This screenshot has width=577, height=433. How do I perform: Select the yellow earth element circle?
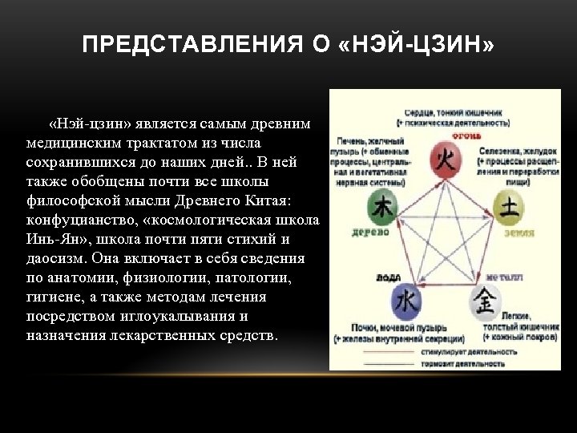click(x=508, y=207)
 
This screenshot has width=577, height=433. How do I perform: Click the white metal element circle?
click(x=487, y=303)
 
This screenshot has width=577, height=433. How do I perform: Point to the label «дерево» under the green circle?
click(x=370, y=233)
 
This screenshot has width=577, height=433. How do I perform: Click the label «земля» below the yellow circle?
click(x=519, y=233)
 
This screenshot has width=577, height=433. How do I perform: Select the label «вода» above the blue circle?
click(x=389, y=277)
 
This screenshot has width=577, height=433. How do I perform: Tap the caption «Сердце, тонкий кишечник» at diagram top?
click(x=453, y=113)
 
